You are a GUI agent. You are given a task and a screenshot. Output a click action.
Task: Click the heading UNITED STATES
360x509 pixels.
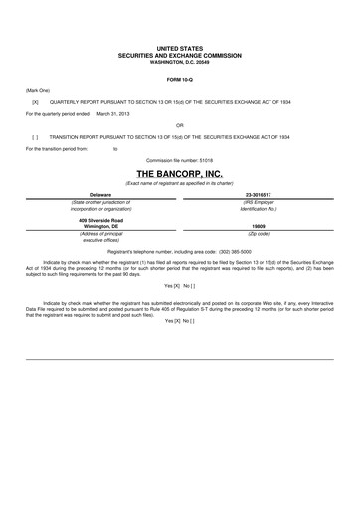tap(179, 47)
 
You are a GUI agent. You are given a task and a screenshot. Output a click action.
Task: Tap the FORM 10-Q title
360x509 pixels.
tap(179, 78)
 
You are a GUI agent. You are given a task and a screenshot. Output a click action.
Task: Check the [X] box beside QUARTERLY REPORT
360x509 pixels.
tap(35, 101)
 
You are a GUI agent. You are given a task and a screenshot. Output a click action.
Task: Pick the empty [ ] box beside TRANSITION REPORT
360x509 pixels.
tap(35, 136)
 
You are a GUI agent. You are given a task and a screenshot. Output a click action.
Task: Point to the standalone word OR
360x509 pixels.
tap(179, 125)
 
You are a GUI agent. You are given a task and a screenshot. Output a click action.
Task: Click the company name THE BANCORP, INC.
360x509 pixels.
tap(179, 172)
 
